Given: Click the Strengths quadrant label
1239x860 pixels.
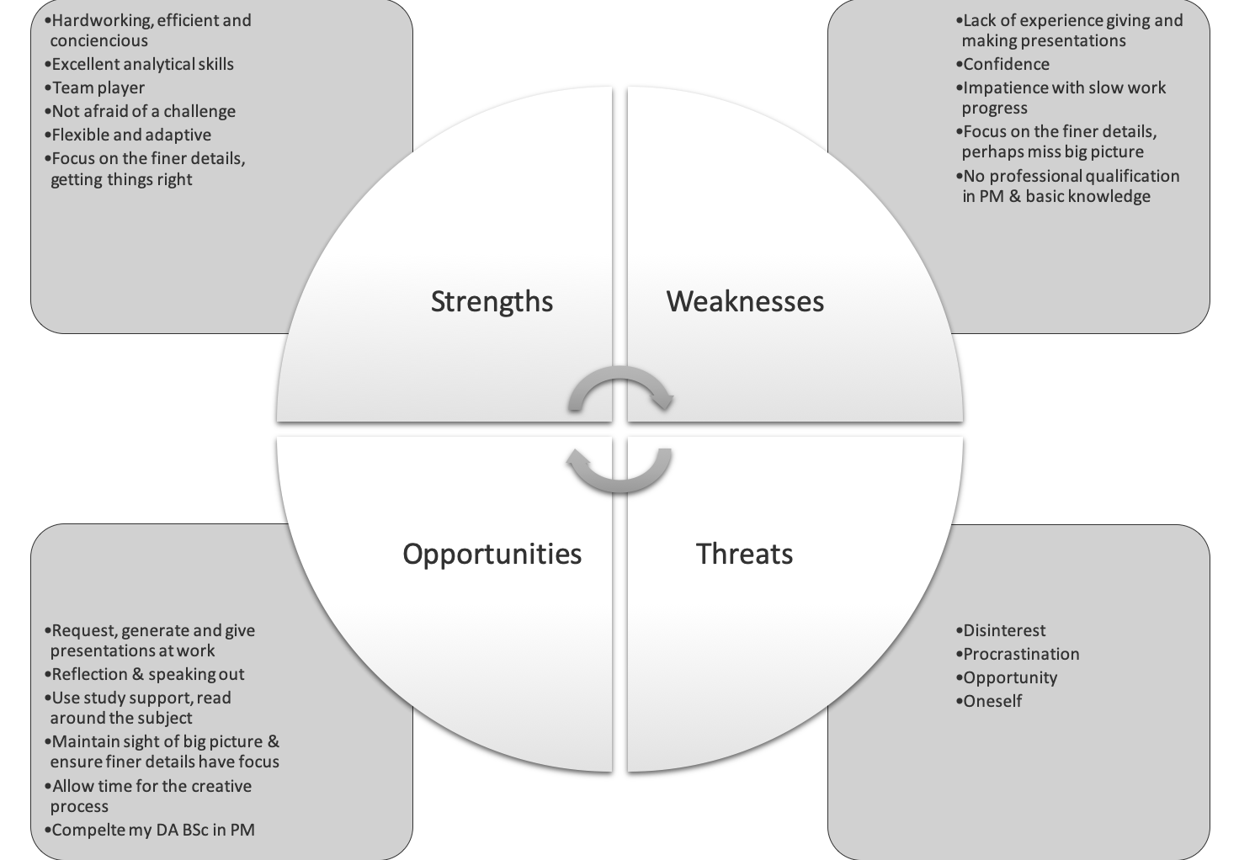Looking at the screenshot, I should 492,301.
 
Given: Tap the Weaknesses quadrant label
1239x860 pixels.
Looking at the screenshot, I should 745,301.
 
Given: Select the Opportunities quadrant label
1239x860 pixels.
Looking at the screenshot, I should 492,554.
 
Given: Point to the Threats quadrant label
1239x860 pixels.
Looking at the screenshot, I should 744,554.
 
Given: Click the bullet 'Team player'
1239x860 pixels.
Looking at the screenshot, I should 98,88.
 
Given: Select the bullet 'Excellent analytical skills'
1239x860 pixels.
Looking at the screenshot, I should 142,64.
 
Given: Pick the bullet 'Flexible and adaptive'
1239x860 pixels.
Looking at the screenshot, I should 131,135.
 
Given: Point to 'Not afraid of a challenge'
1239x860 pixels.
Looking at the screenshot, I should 143,111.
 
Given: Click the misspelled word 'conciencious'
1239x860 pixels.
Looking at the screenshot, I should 98,40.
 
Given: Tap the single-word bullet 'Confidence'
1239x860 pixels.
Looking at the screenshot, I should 1006,64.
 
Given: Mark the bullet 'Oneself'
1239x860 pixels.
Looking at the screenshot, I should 992,701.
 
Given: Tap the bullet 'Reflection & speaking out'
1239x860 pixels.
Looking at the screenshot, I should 147,674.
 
